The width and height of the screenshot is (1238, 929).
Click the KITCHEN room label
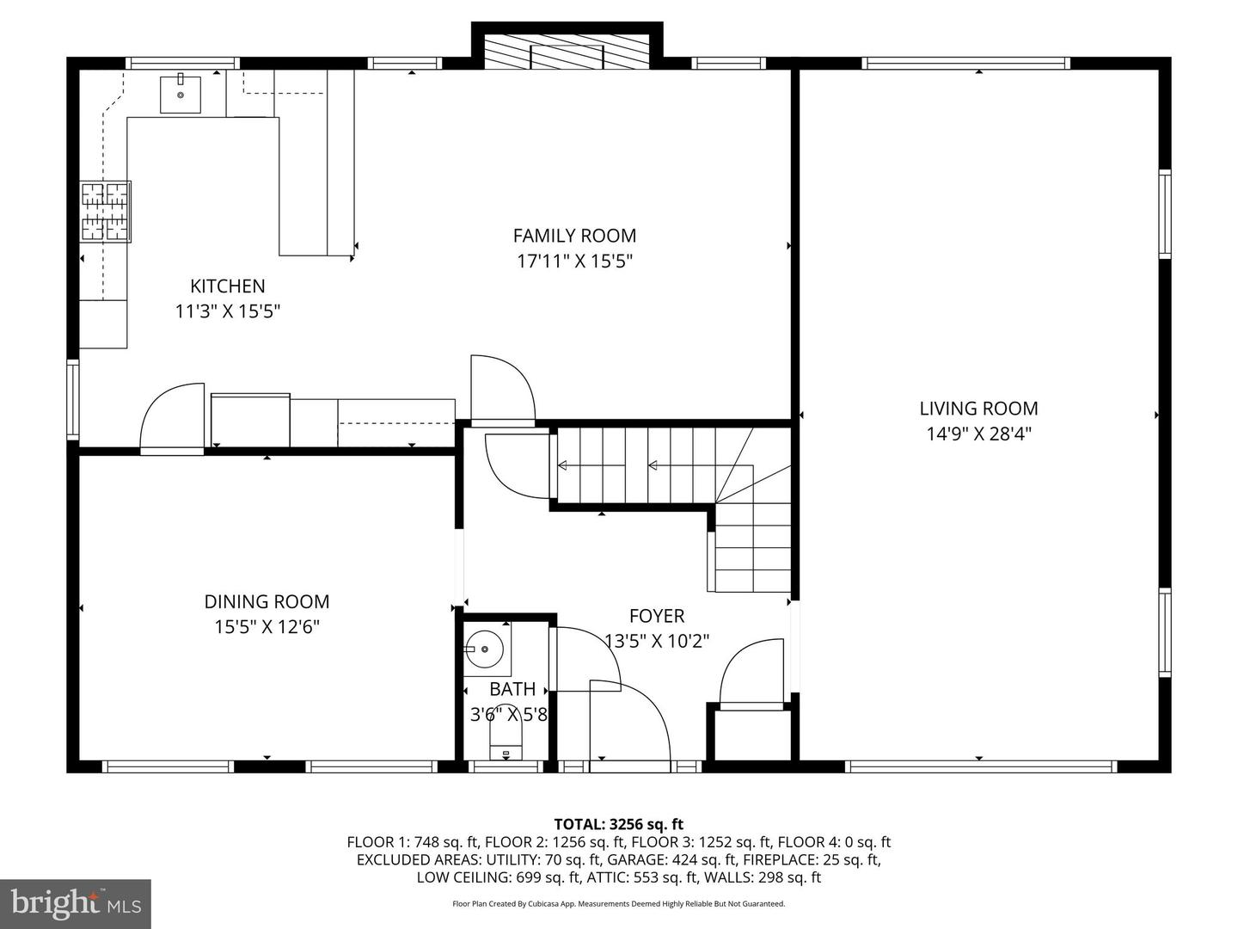pyautogui.click(x=228, y=286)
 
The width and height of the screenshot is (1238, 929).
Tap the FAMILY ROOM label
pyautogui.click(x=574, y=236)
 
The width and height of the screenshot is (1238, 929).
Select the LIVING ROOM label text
pyautogui.click(x=978, y=409)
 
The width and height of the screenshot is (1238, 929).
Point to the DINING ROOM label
pyautogui.click(x=267, y=602)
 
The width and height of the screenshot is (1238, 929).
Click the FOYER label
pyautogui.click(x=657, y=616)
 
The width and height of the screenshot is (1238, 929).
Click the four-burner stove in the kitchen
pyautogui.click(x=106, y=211)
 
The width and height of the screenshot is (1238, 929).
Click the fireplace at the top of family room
pyautogui.click(x=567, y=53)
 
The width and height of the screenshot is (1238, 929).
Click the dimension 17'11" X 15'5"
pyautogui.click(x=574, y=261)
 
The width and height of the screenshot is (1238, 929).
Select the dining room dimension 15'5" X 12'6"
pyautogui.click(x=267, y=627)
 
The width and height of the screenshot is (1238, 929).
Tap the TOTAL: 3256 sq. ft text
pyautogui.click(x=618, y=825)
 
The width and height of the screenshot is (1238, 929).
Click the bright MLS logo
pyautogui.click(x=76, y=903)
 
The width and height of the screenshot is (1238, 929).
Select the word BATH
pyautogui.click(x=512, y=689)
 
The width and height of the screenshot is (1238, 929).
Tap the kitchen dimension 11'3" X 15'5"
pyautogui.click(x=228, y=311)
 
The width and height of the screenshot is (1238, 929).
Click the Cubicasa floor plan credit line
pyautogui.click(x=618, y=904)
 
